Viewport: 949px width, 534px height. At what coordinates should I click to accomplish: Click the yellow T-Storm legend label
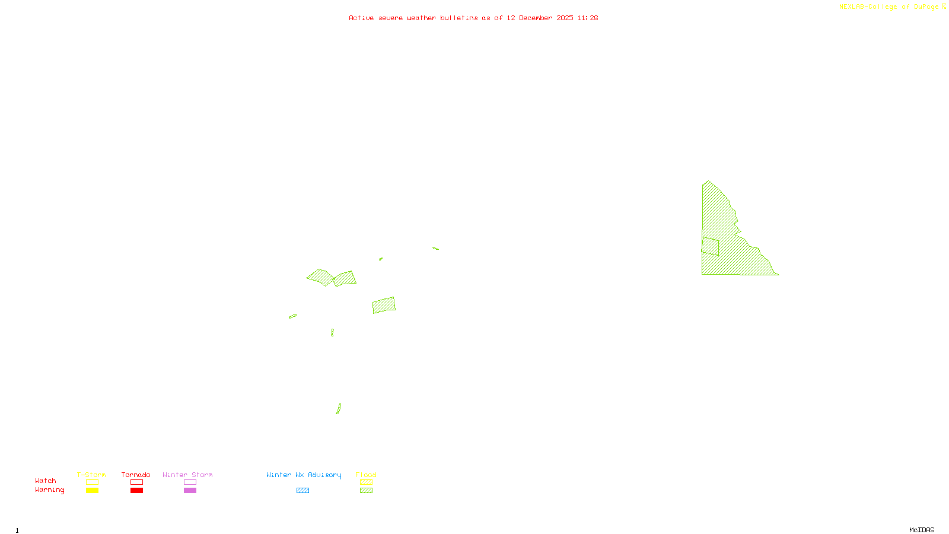(91, 475)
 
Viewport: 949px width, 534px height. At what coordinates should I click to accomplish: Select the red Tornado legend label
(136, 475)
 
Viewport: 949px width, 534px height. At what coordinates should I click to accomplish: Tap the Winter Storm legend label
(187, 475)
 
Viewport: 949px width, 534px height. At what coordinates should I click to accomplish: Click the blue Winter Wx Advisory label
(304, 475)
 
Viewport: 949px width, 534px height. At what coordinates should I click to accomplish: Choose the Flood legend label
(366, 475)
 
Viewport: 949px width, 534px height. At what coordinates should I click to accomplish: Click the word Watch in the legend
(46, 481)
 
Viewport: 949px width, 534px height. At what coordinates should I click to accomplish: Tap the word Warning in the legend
(50, 490)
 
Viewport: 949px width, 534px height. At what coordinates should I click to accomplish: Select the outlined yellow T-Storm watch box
(92, 482)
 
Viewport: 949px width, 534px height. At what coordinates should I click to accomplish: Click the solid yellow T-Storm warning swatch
(92, 491)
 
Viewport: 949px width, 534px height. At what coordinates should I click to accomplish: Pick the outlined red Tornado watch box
(136, 482)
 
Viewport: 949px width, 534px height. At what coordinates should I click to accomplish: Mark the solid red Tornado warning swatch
(136, 491)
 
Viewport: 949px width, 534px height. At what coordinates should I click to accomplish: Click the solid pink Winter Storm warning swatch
(190, 491)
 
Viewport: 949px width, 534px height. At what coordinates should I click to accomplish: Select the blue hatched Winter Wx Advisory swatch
(302, 491)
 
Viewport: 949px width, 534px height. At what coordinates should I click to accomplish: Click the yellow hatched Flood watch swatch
(367, 482)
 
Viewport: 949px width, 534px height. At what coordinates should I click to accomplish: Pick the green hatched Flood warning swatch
(367, 491)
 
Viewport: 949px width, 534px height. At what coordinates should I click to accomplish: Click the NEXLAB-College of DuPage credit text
(889, 7)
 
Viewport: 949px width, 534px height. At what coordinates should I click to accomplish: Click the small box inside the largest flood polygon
(710, 246)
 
